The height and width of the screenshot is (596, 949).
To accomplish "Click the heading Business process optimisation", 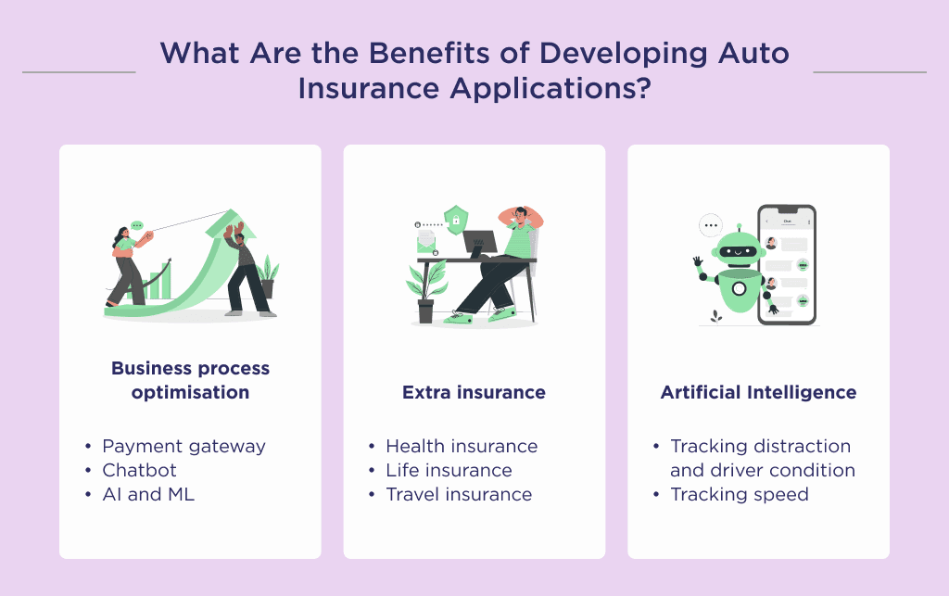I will coord(190,380).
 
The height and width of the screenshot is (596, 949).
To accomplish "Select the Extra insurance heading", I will coord(474,392).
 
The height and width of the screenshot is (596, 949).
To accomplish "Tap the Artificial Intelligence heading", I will coord(758,392).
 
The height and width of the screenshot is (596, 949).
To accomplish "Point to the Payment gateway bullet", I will coord(183,446).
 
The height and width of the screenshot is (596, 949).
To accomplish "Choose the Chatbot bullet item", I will coord(139,470).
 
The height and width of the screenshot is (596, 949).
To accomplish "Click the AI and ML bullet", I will coord(148,494).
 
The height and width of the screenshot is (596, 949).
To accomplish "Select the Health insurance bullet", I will coord(462,446).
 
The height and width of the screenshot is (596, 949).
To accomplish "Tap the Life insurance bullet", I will coord(449,470).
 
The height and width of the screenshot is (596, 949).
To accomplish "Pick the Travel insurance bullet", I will coord(459,494).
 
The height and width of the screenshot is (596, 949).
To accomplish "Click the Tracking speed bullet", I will coord(740,494).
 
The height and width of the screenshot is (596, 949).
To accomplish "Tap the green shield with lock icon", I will coord(455,220).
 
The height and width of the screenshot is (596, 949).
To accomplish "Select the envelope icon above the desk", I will coord(426,242).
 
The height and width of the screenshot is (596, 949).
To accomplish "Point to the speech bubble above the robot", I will coord(711,223).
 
